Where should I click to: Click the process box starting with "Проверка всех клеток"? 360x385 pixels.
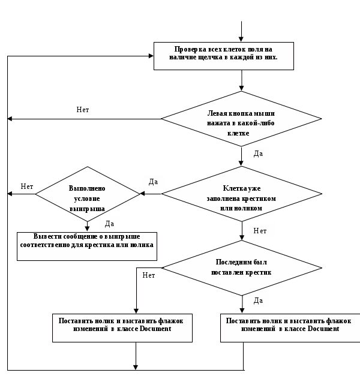point(224,56)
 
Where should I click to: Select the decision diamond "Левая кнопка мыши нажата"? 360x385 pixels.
point(241,119)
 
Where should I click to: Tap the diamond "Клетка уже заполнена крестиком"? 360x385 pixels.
point(241,194)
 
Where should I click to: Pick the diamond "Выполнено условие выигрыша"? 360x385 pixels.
point(88,194)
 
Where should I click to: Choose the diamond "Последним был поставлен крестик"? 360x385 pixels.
point(242,268)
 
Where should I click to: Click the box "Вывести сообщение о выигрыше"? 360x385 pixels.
point(87,246)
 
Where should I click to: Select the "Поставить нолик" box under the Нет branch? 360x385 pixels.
point(122,328)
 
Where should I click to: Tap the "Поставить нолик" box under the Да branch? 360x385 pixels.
point(290,328)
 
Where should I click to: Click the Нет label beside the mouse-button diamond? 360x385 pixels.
point(83,110)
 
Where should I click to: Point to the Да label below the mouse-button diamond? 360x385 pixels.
point(258,154)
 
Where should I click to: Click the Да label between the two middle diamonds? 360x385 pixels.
point(153,182)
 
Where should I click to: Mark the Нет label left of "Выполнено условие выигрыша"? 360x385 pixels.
point(27,187)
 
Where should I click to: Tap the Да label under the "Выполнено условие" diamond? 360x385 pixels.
point(109,224)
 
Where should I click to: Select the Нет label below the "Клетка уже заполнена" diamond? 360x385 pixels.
point(260,231)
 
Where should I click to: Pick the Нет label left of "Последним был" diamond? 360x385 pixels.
point(149,275)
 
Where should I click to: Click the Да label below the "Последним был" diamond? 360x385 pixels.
point(258,300)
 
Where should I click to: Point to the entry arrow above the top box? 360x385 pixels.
point(241,31)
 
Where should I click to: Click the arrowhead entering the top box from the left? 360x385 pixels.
point(151,56)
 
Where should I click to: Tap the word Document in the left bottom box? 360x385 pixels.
point(155,329)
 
